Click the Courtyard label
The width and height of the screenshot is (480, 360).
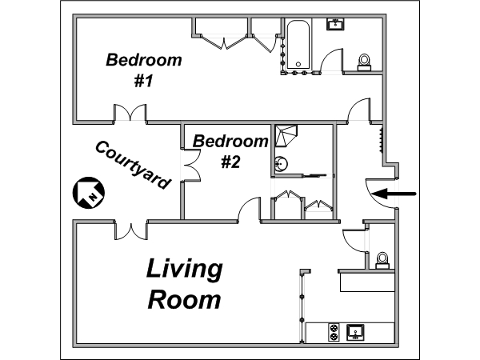pos(133,165)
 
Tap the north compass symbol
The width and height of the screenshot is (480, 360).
pos(89,193)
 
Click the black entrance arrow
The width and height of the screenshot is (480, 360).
pos(394,194)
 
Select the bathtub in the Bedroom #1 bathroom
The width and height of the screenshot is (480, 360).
pos(298,44)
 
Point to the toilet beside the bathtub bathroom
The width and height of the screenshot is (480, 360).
pos(364,62)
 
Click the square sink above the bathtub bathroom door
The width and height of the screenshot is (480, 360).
pos(336,24)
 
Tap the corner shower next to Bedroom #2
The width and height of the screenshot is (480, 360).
pos(286,136)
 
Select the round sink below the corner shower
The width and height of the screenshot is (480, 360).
pos(281,163)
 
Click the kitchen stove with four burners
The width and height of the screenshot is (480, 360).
pos(334,332)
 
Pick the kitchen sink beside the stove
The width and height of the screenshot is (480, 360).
pos(355,332)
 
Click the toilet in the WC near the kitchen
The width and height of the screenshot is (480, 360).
pos(382,261)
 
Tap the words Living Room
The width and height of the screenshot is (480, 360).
pos(185,283)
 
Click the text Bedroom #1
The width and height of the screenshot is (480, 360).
pos(144,70)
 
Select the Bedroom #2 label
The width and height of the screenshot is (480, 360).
pos(230,151)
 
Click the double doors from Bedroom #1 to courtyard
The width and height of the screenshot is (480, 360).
pos(130,114)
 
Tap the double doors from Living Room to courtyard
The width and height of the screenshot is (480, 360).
pos(131,230)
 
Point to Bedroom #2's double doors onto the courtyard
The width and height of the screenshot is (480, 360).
pos(190,165)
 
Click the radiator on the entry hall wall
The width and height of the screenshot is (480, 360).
pos(381,141)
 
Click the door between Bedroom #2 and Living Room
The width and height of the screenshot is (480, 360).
pos(249,209)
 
